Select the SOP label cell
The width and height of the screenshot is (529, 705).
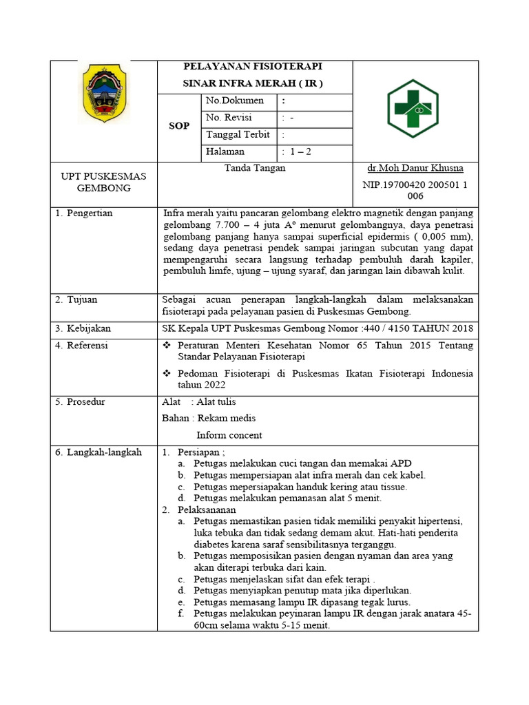pyautogui.click(x=179, y=126)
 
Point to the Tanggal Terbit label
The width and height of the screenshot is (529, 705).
pyautogui.click(x=238, y=134)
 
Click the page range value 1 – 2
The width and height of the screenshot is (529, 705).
pyautogui.click(x=301, y=151)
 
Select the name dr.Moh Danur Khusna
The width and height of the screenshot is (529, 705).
pyautogui.click(x=415, y=168)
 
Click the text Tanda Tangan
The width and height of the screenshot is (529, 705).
pyautogui.click(x=255, y=168)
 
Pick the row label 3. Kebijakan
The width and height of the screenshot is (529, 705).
pyautogui.click(x=82, y=328)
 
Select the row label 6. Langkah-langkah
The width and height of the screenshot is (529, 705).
pyautogui.click(x=98, y=452)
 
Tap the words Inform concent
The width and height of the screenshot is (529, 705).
pyautogui.click(x=229, y=435)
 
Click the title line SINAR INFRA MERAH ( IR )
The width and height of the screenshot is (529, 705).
pyautogui.click(x=252, y=83)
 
